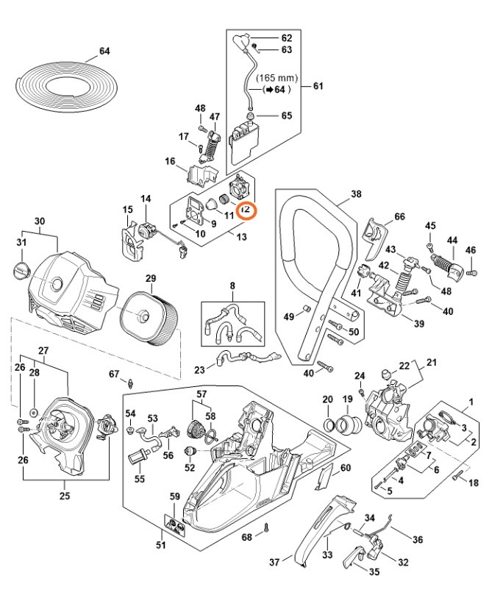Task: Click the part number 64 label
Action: point(104,51)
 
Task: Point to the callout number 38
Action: point(356,194)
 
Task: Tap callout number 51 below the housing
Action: point(161,545)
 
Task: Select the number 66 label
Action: point(399,216)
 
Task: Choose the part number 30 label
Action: point(40,221)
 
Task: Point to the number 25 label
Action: point(65,495)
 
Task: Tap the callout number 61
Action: point(318,86)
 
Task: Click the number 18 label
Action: point(473,483)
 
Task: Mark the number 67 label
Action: point(113,374)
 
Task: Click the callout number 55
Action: point(140,479)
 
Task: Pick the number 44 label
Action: point(452,240)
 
